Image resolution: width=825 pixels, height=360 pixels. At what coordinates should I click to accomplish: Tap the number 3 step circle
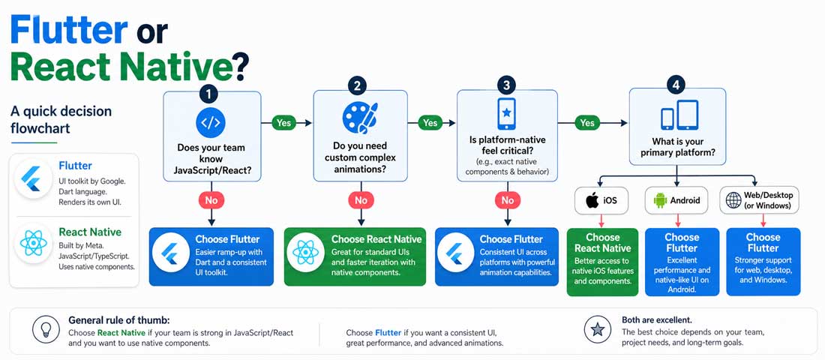click(507, 85)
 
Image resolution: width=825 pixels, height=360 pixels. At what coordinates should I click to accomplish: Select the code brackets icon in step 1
click(211, 121)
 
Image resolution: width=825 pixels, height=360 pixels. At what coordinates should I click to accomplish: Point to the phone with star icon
click(507, 114)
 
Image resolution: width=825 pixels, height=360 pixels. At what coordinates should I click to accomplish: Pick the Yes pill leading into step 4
click(587, 122)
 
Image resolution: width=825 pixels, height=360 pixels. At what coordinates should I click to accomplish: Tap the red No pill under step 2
click(361, 200)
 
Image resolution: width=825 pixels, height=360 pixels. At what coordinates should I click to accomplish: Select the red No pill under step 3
click(508, 200)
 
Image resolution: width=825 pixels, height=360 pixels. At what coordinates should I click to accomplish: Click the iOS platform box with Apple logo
click(601, 200)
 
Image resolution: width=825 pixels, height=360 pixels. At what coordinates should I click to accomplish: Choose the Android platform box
click(676, 200)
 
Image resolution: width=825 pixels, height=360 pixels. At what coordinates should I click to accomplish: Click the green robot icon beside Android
click(661, 200)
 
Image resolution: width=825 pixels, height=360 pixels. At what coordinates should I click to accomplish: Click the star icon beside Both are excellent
click(598, 330)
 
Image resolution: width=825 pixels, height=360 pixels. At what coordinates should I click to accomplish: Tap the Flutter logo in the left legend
click(34, 177)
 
